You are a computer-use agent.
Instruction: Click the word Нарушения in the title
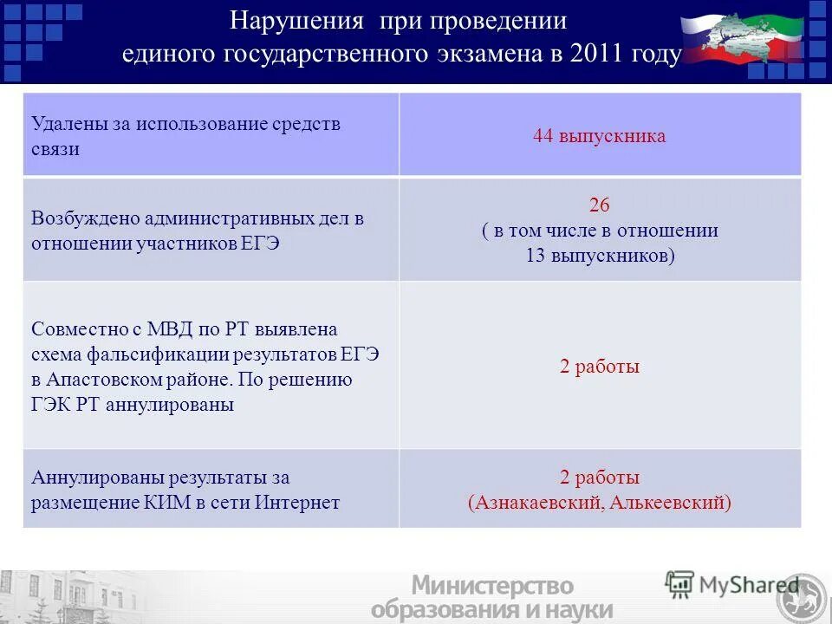[x=287, y=21]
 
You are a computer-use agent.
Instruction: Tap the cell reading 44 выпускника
[x=600, y=136]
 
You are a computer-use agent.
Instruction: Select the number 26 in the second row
[x=600, y=205]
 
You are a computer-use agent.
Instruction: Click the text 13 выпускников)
[x=600, y=257]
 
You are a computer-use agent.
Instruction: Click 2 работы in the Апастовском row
[x=600, y=367]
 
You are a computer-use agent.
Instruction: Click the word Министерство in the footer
[x=492, y=586]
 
